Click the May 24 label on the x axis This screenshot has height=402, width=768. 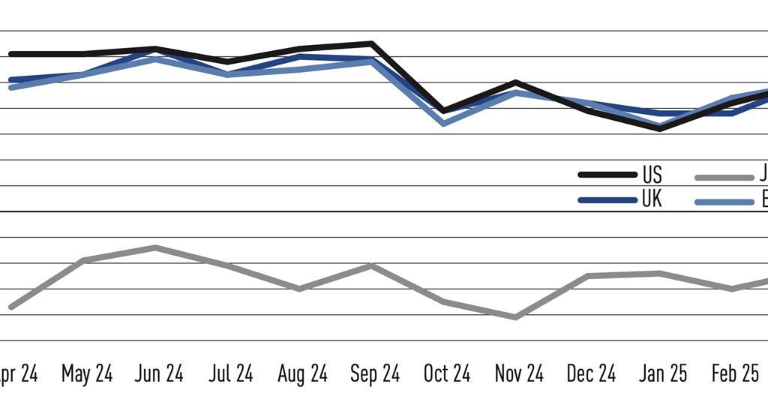coord(87,374)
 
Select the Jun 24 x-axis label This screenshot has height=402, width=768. coord(159,374)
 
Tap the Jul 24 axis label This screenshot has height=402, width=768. coord(230,374)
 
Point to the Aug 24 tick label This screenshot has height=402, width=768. coord(302,374)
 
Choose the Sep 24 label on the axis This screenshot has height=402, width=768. coord(375,374)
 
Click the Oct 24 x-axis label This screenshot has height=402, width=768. coord(447,374)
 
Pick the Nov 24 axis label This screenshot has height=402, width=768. coord(519,374)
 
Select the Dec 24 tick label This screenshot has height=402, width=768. coord(591,374)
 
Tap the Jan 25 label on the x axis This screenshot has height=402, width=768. coord(663,374)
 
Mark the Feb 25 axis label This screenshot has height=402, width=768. coord(735,374)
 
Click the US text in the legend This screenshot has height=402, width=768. coord(652,175)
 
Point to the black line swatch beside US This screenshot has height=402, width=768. coord(607,175)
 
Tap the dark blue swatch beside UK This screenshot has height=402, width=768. coord(607,200)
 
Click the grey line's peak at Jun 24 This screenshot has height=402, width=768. coord(154,247)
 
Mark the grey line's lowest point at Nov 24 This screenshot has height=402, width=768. coord(516,317)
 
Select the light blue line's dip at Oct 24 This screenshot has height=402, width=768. coord(444,123)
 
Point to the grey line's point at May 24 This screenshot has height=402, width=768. coord(82,260)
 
